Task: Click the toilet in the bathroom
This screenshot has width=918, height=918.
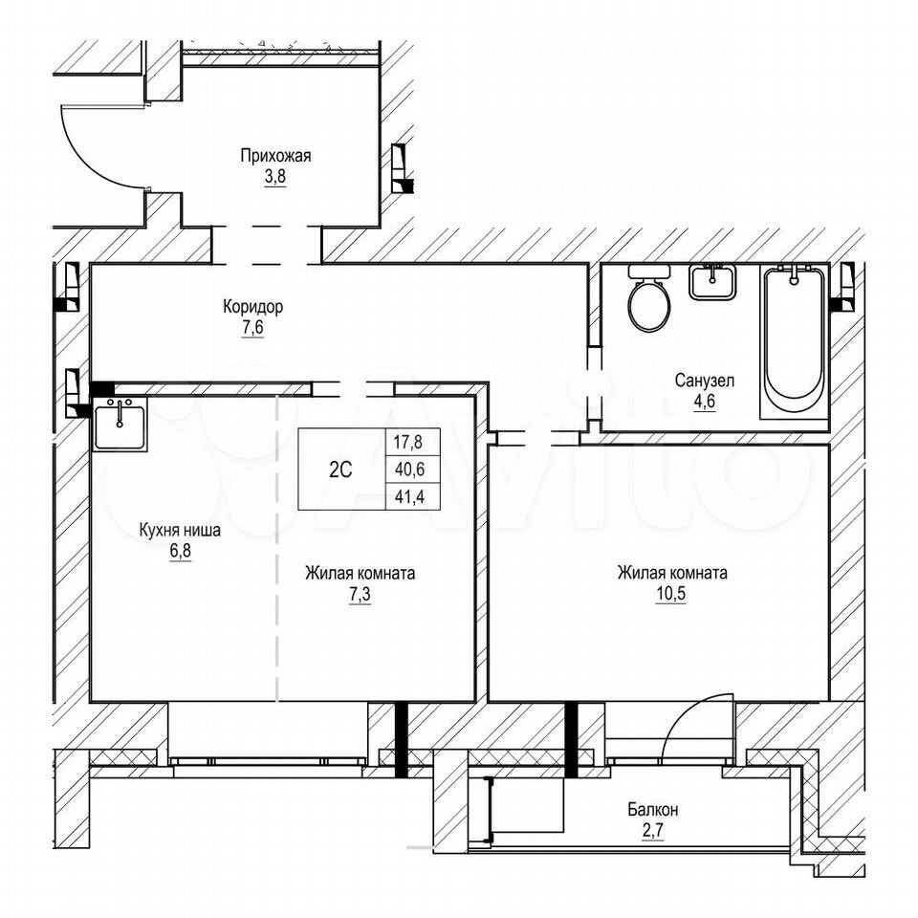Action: (649, 298)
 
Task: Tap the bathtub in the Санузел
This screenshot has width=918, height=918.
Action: (795, 341)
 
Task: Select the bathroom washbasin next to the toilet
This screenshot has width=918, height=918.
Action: (711, 282)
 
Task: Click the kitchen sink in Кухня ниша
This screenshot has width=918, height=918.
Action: (120, 423)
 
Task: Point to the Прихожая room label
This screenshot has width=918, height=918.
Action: (275, 156)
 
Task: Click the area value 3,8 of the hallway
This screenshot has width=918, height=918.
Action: (275, 176)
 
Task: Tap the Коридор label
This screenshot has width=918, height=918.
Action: (252, 306)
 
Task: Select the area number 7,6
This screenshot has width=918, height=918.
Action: (252, 327)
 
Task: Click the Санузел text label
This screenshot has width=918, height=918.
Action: (705, 382)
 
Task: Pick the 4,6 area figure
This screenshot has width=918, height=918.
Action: (705, 402)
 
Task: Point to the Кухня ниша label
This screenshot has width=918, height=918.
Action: (180, 531)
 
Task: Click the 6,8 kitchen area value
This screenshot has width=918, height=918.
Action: (181, 551)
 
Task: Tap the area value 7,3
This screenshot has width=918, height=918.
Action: (361, 594)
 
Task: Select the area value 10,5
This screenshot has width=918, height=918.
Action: (671, 594)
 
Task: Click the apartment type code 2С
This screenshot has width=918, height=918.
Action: (340, 470)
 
